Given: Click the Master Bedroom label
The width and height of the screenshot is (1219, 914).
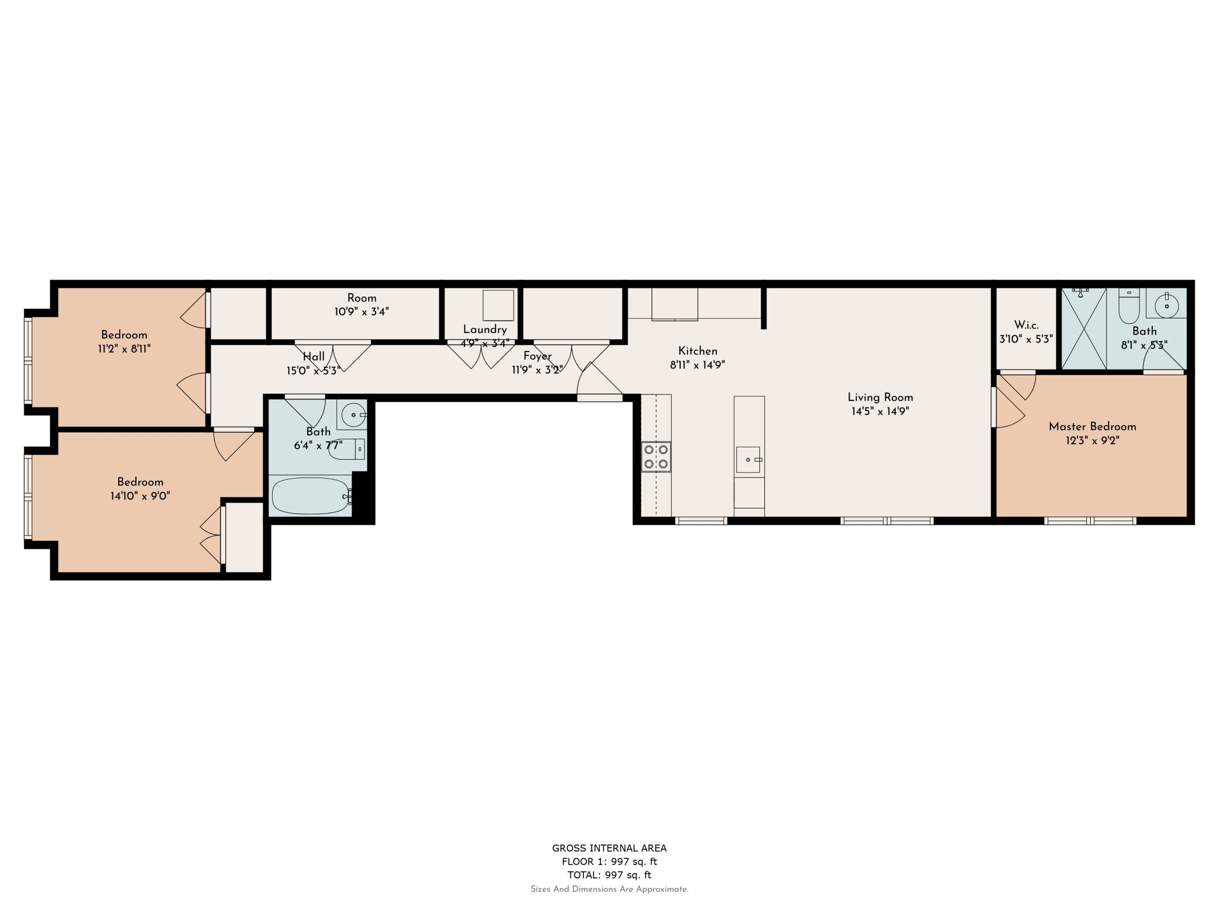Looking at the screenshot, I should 1092,427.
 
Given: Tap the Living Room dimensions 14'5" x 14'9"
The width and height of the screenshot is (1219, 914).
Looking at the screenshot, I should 879,411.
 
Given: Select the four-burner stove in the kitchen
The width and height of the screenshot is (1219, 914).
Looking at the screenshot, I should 656,456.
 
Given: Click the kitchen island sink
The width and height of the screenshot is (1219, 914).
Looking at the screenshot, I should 748,459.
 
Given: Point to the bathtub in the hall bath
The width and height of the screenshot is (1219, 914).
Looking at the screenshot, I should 311,496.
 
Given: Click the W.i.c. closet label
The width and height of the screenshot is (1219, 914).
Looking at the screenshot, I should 1026,325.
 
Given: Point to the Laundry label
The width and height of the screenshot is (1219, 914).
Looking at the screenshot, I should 484,329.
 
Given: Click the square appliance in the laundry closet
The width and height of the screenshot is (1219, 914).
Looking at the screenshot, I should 498,305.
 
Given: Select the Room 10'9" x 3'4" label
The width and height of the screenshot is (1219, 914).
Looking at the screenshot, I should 361,305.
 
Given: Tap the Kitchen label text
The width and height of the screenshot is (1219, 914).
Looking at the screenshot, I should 697,351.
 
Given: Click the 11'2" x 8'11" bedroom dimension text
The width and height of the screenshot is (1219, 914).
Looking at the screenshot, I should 124,349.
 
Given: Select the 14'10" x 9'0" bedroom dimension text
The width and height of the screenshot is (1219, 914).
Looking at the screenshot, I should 140,496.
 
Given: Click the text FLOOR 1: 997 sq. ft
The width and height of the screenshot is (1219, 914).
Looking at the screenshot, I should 609,861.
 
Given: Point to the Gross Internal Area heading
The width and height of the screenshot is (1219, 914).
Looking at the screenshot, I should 609,848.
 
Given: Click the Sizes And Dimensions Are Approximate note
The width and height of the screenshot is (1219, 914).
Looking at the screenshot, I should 609,889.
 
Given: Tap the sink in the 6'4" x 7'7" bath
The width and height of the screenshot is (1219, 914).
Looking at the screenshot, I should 351,414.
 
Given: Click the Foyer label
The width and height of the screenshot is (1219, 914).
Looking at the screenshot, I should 537,356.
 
